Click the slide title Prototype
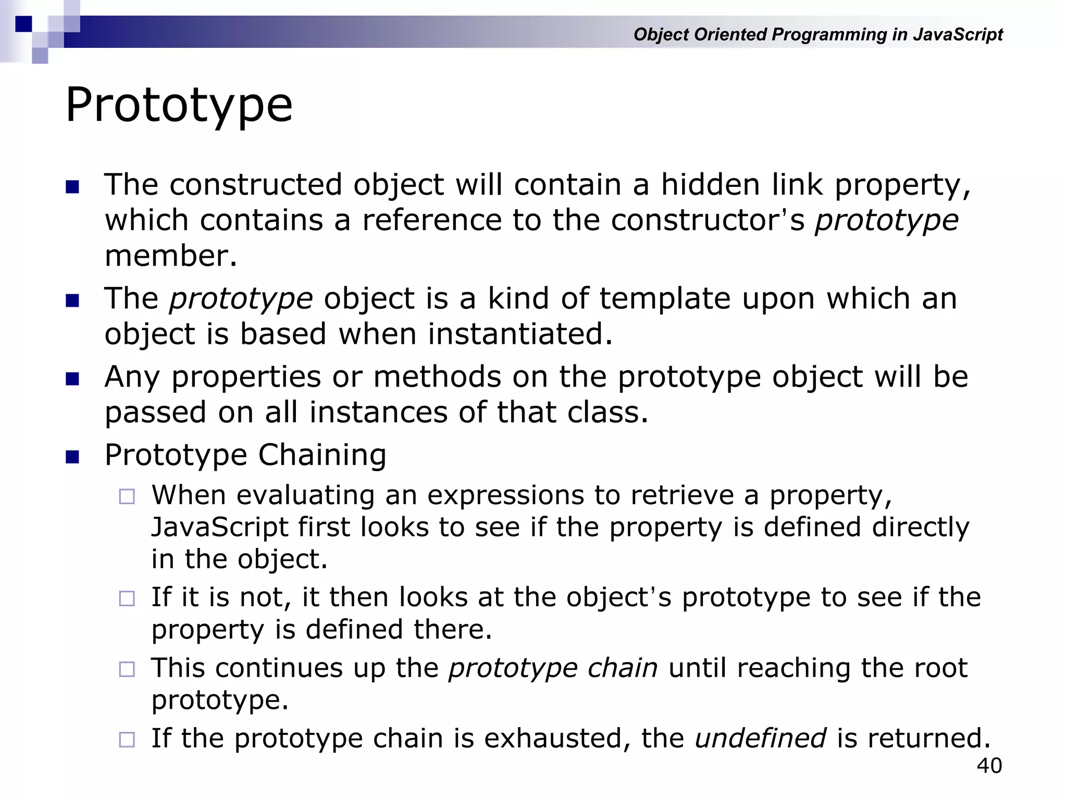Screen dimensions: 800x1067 pyautogui.click(x=179, y=106)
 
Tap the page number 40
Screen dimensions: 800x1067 pyautogui.click(x=989, y=766)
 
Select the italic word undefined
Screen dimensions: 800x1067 pyautogui.click(x=760, y=738)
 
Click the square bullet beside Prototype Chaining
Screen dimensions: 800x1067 pyautogui.click(x=72, y=457)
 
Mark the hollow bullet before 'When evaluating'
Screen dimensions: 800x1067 pyautogui.click(x=127, y=496)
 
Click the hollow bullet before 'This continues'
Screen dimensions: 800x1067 pyautogui.click(x=127, y=669)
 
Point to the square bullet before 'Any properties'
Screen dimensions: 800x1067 pyautogui.click(x=72, y=379)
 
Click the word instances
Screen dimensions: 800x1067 pyautogui.click(x=378, y=413)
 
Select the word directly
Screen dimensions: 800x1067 pyautogui.click(x=920, y=527)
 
